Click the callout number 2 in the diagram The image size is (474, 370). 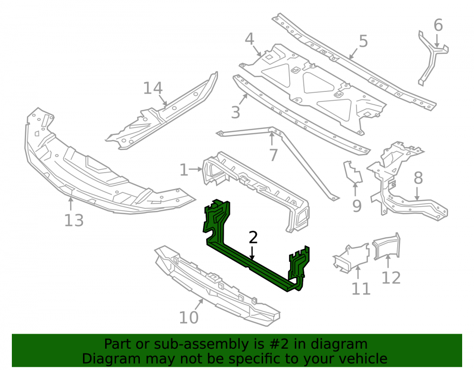(x=253, y=238)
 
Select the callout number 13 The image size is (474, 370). (x=74, y=220)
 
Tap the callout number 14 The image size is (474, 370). (x=153, y=88)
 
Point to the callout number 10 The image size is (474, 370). (x=189, y=317)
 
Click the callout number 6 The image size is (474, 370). (x=438, y=25)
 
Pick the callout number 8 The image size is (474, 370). (x=418, y=178)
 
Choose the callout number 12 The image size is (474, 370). (x=391, y=278)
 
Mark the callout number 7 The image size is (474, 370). (x=273, y=155)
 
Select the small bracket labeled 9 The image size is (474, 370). (x=353, y=173)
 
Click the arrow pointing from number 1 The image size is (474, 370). (x=196, y=170)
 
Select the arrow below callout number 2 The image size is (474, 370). (x=252, y=253)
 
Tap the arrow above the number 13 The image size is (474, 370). (x=71, y=204)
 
